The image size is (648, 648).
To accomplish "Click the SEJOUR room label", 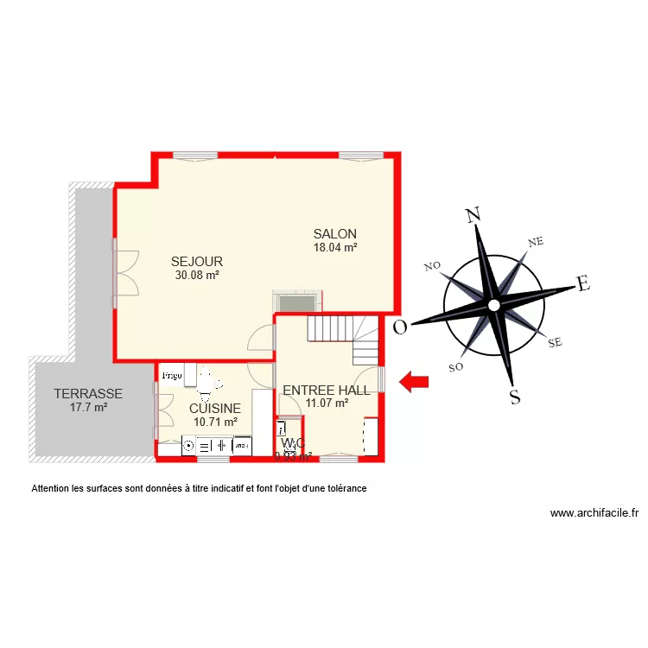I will coord(197,262).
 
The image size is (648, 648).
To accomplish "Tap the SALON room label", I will coord(335,234).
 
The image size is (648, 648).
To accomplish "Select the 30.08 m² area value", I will coord(197,276).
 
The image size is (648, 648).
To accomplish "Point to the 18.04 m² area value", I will coord(335,247).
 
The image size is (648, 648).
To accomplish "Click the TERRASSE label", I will coord(88,394).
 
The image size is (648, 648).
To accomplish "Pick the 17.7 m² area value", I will coord(88,407).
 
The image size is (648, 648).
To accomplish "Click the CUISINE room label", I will coord(215,409).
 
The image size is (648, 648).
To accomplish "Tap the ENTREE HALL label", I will coord(327,391).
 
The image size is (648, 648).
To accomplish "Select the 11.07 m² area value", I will coord(327,402).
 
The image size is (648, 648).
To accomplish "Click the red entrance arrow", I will coord(415,382).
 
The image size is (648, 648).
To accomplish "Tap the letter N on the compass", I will coord(473,216).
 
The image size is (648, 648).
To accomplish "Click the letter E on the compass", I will coord(583,283).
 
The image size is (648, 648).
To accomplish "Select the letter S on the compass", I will coord(515,397).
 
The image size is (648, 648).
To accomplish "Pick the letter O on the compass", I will coord(400,327).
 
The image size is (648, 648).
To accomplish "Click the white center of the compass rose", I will coord(492,306).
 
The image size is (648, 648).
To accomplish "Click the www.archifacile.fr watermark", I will coord(594,512).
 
